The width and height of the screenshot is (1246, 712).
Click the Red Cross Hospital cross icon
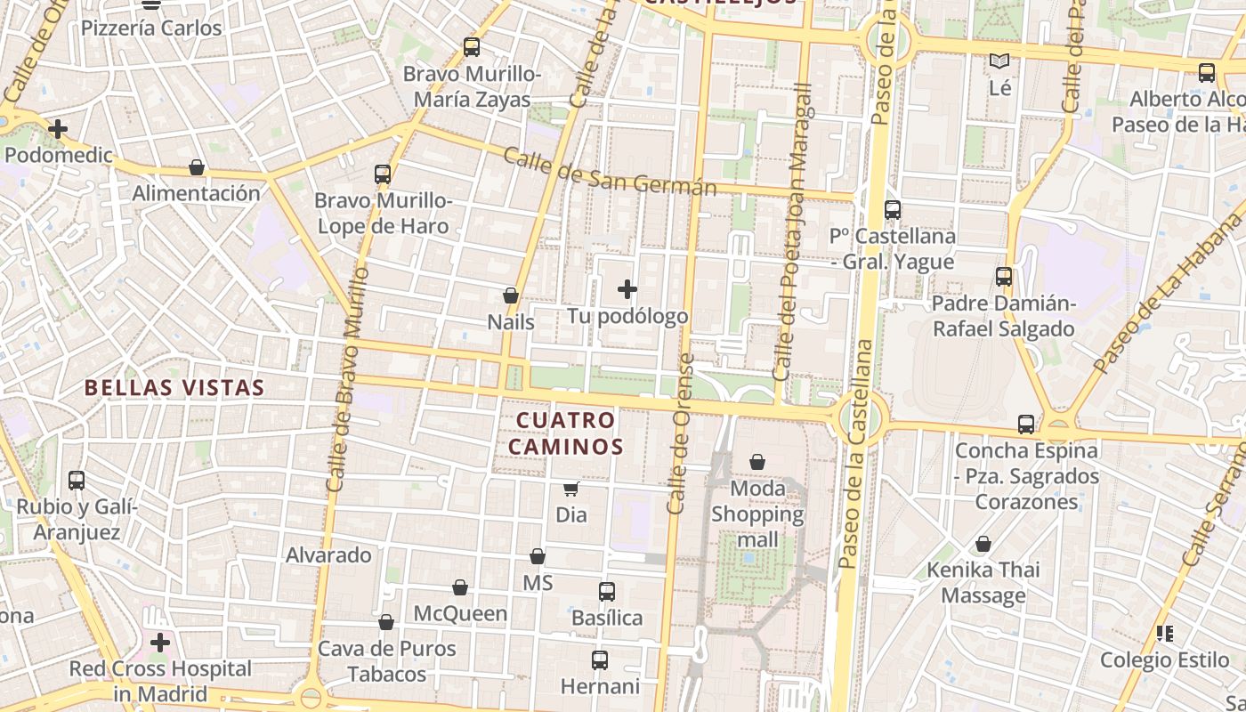point(160,642)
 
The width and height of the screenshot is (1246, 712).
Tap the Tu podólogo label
point(627,316)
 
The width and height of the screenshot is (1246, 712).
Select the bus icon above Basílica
point(607,591)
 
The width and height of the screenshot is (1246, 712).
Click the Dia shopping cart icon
point(570,489)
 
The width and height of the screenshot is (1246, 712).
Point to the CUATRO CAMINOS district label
point(566,433)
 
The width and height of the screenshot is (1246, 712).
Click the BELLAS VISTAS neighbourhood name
point(174,387)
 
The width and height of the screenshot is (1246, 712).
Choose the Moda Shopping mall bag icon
point(757,462)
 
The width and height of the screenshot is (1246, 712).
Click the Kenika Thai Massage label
point(983,582)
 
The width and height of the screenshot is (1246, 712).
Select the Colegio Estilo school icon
point(1164,634)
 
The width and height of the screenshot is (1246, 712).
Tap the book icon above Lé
point(1000,61)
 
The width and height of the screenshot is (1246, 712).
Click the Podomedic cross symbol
point(58,129)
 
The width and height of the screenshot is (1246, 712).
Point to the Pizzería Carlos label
point(151,28)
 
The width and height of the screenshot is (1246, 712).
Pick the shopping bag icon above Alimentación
point(197,167)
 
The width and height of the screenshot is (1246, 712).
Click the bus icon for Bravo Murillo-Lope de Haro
point(383,174)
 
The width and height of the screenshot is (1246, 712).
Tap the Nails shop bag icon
point(511,295)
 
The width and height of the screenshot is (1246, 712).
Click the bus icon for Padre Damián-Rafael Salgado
point(1004,277)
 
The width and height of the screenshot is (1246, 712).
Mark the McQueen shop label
point(460,613)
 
